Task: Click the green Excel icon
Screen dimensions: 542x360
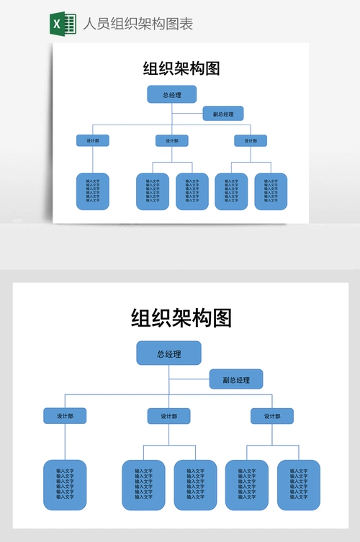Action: tap(63, 23)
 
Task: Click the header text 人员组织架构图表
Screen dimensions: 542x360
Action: tap(138, 24)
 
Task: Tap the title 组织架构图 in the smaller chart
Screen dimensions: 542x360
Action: tap(181, 68)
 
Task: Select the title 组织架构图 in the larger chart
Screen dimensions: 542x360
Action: tap(181, 317)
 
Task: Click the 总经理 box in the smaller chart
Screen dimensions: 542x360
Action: tap(171, 94)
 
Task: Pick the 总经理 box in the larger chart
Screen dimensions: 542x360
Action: tap(168, 353)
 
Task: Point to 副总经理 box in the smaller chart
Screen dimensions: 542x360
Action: tap(222, 114)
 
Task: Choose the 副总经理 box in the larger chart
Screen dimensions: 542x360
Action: tap(236, 379)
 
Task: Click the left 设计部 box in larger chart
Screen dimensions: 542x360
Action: tap(65, 416)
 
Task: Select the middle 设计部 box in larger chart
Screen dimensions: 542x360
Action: tap(168, 416)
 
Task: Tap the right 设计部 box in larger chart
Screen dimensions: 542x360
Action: tap(271, 416)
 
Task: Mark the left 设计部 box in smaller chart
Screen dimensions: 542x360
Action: tap(93, 140)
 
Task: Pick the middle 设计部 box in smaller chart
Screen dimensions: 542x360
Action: tap(171, 140)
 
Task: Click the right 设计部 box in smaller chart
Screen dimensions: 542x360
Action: tap(250, 140)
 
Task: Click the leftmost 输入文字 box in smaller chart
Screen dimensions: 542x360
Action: tap(93, 191)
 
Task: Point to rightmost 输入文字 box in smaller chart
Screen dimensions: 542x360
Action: tap(271, 191)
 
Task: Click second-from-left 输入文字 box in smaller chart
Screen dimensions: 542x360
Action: tap(153, 191)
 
